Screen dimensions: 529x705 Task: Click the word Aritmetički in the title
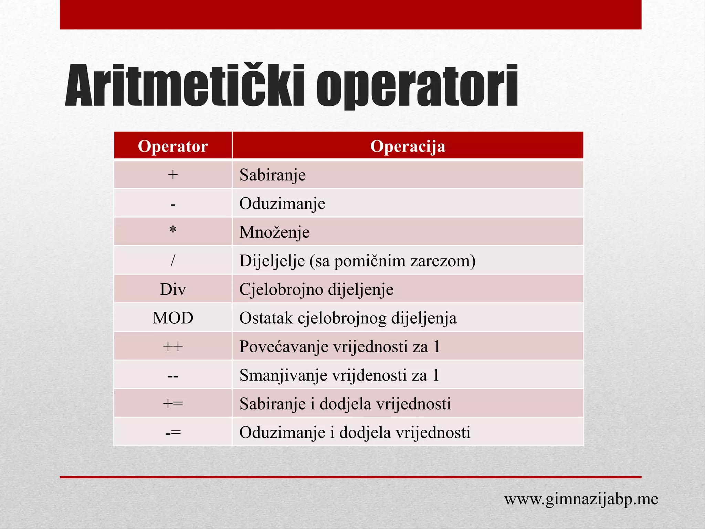[185, 86]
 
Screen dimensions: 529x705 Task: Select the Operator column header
[173, 146]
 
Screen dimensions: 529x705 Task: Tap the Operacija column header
[408, 146]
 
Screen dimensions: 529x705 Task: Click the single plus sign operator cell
[173, 175]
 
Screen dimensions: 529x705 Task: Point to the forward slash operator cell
[173, 260]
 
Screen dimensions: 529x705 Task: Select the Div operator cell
[173, 289]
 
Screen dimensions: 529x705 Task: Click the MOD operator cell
[173, 318]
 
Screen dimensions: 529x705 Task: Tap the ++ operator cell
[173, 346]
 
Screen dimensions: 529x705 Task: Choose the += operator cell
[173, 403]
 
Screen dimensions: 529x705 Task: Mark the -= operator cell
[173, 432]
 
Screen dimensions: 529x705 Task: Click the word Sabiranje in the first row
[272, 175]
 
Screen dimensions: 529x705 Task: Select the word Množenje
[274, 232]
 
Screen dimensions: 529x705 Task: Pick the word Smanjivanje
[283, 375]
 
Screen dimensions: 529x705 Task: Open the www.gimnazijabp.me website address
[581, 499]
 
